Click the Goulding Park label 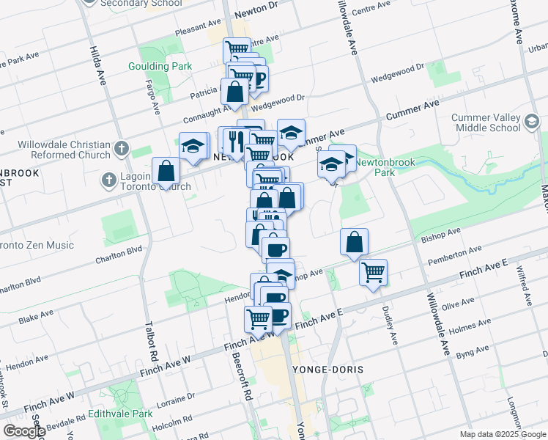click(x=161, y=66)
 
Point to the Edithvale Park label click(x=121, y=414)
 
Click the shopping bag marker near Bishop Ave click(x=354, y=241)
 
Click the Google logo click(x=24, y=431)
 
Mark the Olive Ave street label click(x=459, y=303)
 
